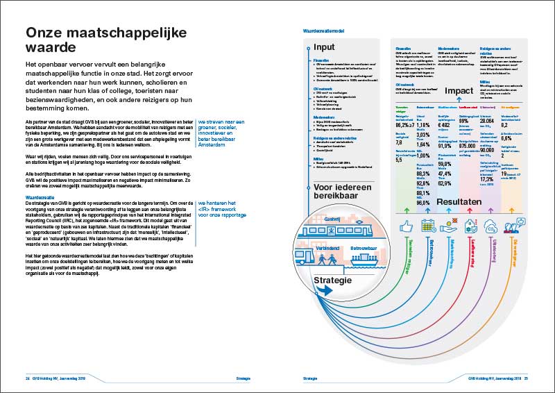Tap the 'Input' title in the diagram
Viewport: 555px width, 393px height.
pyautogui.click(x=324, y=47)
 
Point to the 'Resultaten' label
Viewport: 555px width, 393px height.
pyautogui.click(x=459, y=201)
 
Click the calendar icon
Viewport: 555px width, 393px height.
pyautogui.click(x=426, y=226)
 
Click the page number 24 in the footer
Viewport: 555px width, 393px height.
pyautogui.click(x=19, y=379)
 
